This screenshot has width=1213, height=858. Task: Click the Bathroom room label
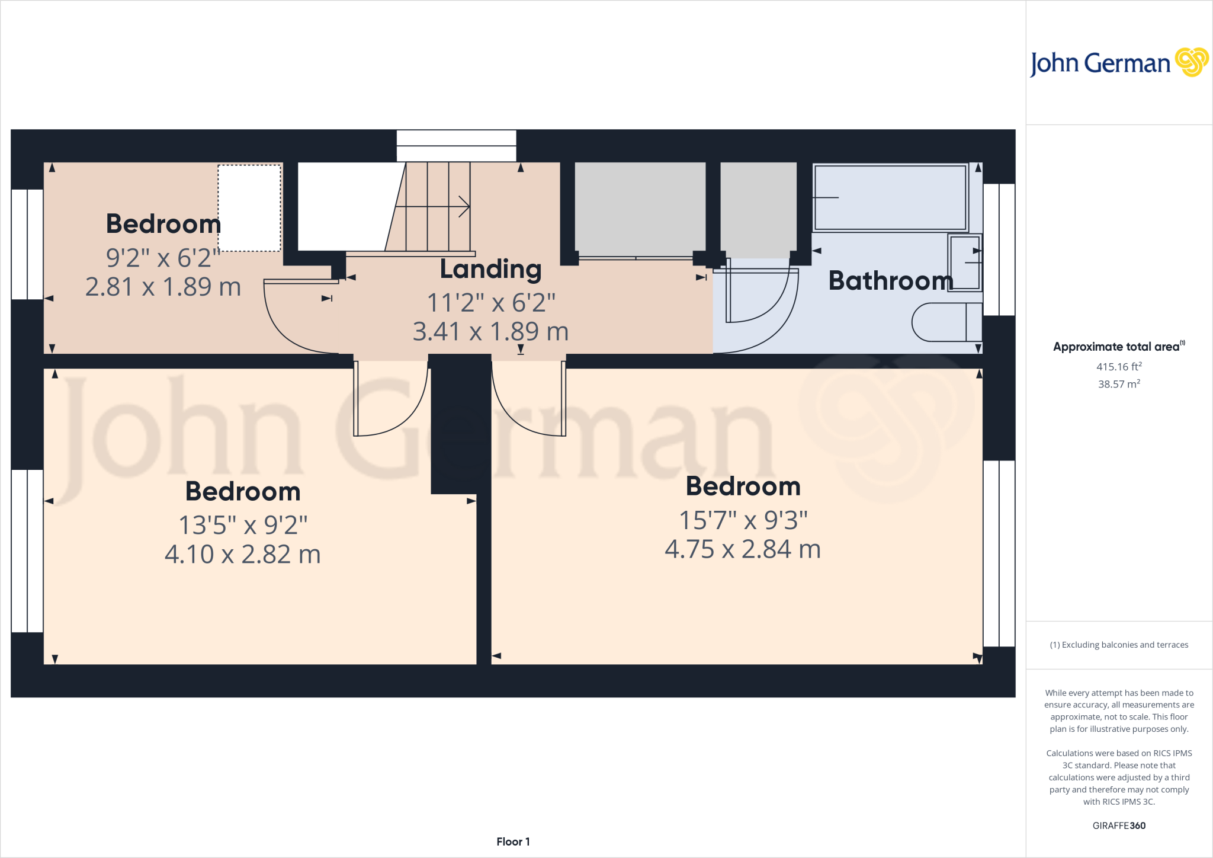tap(890, 280)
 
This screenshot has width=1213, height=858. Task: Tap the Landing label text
tap(490, 270)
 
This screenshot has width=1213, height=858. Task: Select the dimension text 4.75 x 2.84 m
tap(743, 549)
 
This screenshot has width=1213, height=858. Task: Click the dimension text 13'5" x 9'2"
tap(243, 525)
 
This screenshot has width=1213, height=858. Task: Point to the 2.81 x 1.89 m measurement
tap(163, 287)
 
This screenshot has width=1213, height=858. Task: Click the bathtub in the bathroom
tap(890, 197)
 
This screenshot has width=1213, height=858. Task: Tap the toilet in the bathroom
tap(946, 322)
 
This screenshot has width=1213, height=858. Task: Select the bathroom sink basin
tap(965, 262)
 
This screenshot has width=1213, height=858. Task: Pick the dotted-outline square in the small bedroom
tap(249, 208)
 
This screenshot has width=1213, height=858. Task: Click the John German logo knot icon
tap(1191, 62)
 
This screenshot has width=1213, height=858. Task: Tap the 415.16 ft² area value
tap(1119, 367)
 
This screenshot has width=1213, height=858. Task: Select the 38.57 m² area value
tap(1119, 384)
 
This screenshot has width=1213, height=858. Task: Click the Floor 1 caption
tap(513, 841)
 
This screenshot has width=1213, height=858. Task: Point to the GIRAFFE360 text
tap(1119, 825)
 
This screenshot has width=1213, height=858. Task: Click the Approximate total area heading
tap(1116, 347)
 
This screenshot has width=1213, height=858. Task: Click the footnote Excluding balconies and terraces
tap(1119, 645)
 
